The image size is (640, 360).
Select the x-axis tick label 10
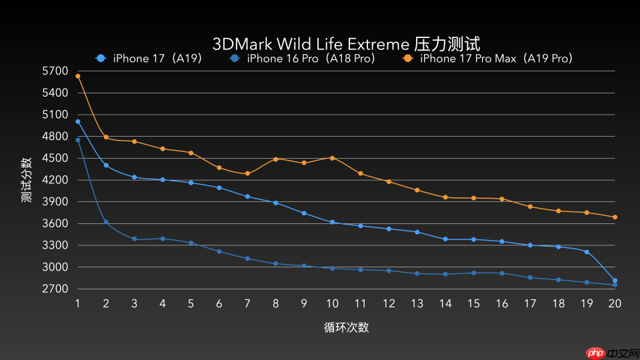point(332,303)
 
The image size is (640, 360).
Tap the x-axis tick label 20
point(614,303)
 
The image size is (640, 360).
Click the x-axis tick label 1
point(78,303)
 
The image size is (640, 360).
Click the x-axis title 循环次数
point(346,327)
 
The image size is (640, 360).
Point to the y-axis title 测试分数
point(26,180)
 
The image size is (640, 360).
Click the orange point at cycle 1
point(78,76)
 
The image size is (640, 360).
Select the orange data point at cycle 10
point(332,158)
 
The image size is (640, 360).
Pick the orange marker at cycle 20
point(615,217)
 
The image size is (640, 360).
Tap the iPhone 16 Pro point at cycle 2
point(106,222)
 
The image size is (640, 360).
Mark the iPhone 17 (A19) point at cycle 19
point(587,252)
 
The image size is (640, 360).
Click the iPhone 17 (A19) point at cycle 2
point(106,165)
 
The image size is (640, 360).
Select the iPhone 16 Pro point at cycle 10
point(332,268)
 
